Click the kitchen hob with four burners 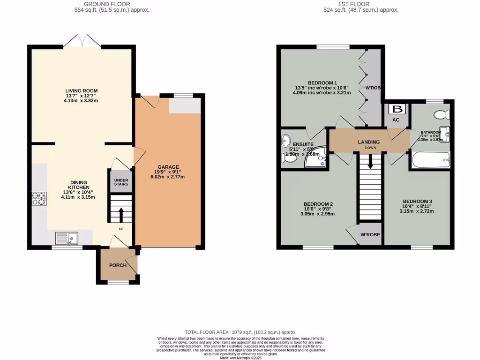[x=38, y=199]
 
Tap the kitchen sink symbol [x=67, y=239]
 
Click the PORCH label [x=118, y=265]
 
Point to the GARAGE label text [x=168, y=167]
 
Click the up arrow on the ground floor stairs [x=120, y=215]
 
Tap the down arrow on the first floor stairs [x=371, y=163]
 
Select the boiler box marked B [x=397, y=110]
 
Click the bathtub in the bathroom [x=430, y=160]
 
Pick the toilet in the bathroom [x=442, y=114]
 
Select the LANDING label [x=368, y=142]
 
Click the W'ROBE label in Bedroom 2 [x=370, y=234]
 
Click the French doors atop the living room [x=82, y=41]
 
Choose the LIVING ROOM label [x=82, y=90]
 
